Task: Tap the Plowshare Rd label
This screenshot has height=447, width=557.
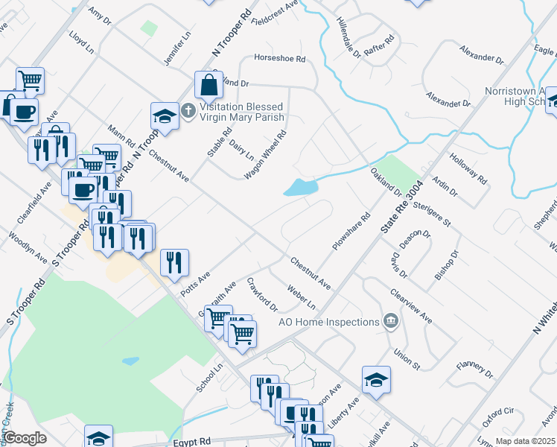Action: pos(351,233)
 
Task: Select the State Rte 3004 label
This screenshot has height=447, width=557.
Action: pos(401,209)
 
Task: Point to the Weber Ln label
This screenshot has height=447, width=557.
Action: pos(301,297)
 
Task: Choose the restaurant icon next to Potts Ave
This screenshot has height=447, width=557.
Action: pos(174,262)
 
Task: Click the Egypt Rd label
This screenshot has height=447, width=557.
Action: pos(193,441)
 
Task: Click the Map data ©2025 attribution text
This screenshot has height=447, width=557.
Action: pos(524,441)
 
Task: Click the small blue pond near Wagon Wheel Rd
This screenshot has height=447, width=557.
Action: pos(300,188)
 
